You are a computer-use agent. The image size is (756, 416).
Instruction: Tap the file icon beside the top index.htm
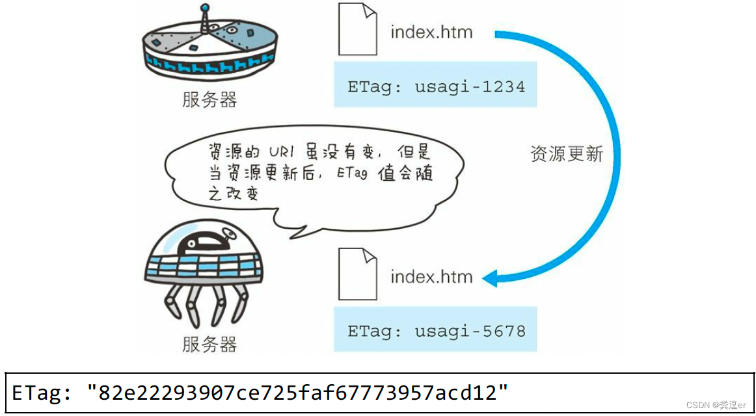pos(357,29)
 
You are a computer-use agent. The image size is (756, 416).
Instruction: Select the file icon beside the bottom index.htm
pos(357,275)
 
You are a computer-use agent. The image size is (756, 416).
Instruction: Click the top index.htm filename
pos(431,32)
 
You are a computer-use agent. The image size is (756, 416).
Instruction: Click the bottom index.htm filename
pos(431,277)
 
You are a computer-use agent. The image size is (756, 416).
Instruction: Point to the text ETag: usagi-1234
pos(435,86)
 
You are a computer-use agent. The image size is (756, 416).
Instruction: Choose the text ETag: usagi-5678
pos(435,331)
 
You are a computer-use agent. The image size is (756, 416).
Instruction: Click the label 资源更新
pos(566,154)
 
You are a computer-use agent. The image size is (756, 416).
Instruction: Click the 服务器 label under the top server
pos(209,99)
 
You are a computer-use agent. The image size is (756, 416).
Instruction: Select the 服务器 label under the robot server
pos(209,344)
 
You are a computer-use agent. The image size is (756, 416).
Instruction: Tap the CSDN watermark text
pos(715,405)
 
